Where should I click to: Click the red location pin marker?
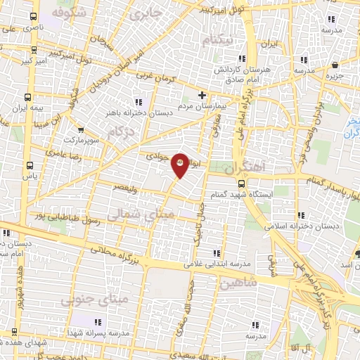(180, 165)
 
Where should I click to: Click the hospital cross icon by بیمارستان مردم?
(202, 95)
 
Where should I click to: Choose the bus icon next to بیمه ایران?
(28, 98)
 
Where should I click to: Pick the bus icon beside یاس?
(29, 166)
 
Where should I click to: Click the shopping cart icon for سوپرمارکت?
(82, 130)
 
